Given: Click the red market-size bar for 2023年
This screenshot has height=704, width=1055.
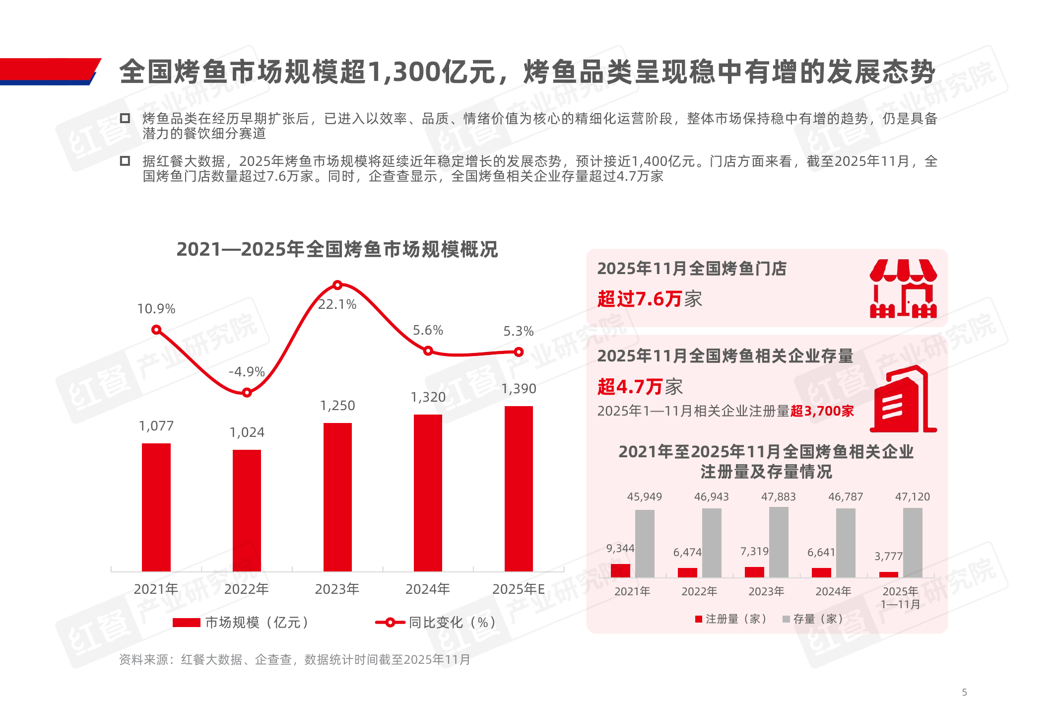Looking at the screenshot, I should click(x=337, y=496).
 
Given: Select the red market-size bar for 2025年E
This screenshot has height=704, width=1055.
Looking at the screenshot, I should click(x=519, y=489).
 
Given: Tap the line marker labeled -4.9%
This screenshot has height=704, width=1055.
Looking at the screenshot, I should click(x=247, y=393).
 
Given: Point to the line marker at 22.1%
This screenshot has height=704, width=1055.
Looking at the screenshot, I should click(x=337, y=285).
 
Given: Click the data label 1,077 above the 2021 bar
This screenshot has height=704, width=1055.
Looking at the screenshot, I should click(x=156, y=426).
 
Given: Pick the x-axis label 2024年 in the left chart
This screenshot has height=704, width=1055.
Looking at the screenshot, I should click(x=427, y=589).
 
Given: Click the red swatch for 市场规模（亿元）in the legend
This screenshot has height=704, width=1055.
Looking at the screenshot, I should click(x=186, y=623).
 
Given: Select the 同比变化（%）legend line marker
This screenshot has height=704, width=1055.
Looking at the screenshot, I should click(x=390, y=623).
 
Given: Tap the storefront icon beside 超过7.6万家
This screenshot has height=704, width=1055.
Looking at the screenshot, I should click(x=903, y=288).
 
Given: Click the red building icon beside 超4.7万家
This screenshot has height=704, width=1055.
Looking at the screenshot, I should click(x=903, y=400).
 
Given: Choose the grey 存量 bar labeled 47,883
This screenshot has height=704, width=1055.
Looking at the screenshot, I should click(x=779, y=542).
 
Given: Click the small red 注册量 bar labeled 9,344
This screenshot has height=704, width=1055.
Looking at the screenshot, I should click(x=620, y=570).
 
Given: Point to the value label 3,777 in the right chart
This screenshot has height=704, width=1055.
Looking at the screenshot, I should click(x=888, y=557).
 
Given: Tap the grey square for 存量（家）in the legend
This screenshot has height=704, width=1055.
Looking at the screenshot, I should click(x=786, y=619).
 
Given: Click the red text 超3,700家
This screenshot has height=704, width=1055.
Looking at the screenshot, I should click(x=822, y=411).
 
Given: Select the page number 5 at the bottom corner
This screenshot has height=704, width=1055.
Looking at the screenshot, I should click(x=964, y=692).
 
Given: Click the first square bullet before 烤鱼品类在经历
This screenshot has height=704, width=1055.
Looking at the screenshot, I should click(x=125, y=118).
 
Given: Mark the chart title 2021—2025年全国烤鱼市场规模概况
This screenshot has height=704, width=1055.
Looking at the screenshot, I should click(x=337, y=249).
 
